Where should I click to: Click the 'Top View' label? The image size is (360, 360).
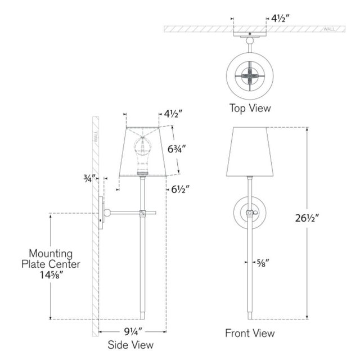coord(249,107)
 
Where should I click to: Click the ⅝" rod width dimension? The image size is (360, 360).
coord(262,261)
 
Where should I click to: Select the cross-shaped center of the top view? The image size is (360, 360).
coord(249,74)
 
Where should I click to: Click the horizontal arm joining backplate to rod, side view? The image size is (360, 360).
coord(124,213)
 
